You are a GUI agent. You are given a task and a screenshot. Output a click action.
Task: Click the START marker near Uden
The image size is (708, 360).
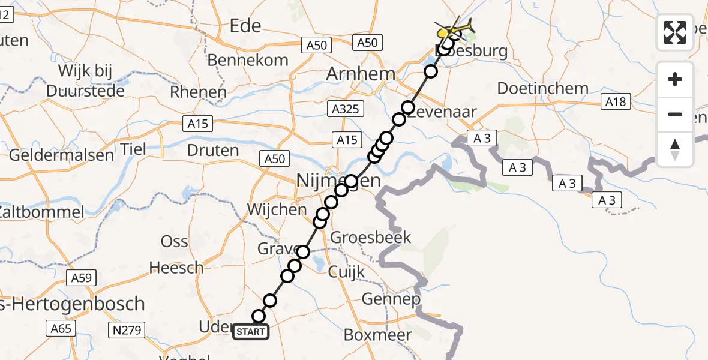[x=251, y=331]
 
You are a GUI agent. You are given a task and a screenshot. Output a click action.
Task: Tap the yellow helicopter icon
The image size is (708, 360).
[x=455, y=28]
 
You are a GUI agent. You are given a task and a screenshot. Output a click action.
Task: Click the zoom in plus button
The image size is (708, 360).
[x=675, y=79]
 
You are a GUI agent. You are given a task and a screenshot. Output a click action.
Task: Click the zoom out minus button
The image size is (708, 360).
[x=675, y=114]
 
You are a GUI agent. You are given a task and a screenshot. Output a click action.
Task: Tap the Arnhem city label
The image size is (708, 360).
[x=361, y=74]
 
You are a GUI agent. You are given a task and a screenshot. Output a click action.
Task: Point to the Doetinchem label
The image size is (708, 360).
[x=542, y=88]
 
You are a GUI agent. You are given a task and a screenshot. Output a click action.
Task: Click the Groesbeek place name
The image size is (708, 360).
[x=371, y=237]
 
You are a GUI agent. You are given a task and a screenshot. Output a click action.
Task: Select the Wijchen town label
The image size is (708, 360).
[x=276, y=211]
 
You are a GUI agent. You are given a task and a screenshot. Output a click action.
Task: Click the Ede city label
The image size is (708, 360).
[x=246, y=25]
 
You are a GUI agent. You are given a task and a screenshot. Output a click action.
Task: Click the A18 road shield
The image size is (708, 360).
[x=616, y=102]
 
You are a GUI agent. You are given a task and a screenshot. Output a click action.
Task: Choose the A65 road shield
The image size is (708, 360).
[x=61, y=328]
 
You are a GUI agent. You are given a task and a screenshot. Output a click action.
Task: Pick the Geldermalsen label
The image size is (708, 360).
[x=61, y=155]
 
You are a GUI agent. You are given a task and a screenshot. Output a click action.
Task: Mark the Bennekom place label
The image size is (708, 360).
[x=248, y=60]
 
